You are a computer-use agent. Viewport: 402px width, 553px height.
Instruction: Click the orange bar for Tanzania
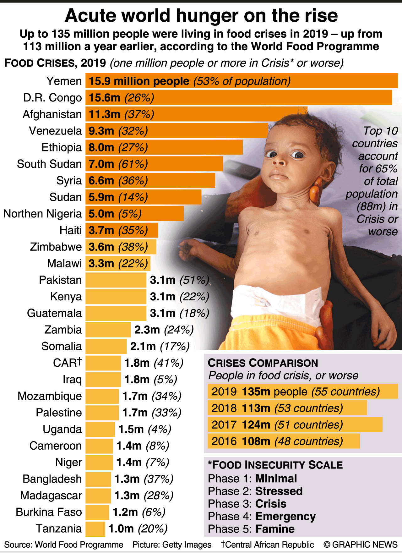point(95,529)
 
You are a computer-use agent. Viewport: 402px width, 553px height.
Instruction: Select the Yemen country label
point(64,81)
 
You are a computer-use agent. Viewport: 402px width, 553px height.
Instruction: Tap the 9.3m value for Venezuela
point(101,131)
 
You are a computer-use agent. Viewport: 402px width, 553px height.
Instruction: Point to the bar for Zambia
point(108,330)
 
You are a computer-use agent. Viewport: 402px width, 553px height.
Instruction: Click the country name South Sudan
point(49,164)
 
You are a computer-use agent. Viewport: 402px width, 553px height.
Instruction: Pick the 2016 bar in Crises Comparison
point(284,441)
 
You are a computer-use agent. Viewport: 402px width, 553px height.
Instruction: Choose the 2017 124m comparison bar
point(295,424)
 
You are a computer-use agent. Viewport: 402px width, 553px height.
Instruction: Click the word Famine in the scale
point(275,529)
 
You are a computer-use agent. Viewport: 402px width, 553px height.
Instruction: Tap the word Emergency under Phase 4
point(285,516)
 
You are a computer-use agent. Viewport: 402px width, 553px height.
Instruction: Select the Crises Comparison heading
point(263,363)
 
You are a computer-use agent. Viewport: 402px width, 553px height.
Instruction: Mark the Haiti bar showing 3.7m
point(122,230)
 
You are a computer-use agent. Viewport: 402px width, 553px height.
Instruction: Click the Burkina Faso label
point(49,512)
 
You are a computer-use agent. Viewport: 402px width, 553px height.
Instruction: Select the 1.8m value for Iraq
point(137,380)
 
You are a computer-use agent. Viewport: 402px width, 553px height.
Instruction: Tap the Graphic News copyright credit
point(361,545)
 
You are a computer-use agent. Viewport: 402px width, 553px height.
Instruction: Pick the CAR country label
point(67,363)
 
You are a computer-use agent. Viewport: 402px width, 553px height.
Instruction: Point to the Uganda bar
point(100,429)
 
